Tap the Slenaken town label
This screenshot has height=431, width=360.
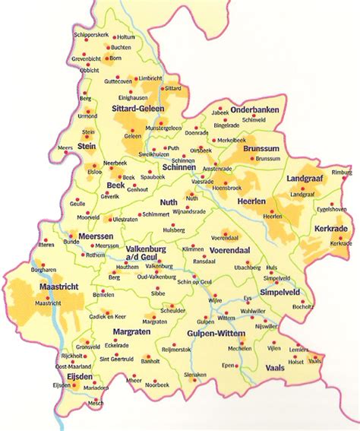[x=196, y=375]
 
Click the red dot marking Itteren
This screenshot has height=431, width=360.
[x=43, y=239]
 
